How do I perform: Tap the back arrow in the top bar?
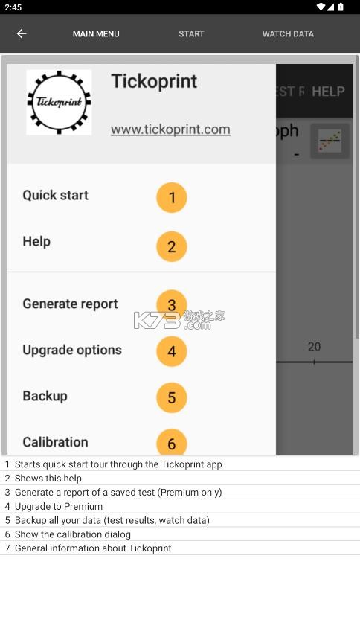22,33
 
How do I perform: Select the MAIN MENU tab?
96,33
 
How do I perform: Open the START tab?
191,33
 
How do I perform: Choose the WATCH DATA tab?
288,33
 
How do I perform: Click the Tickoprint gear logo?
59,103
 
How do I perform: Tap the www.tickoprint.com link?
170,129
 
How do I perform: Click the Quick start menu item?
55,195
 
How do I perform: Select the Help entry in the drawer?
36,241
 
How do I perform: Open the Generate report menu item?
70,304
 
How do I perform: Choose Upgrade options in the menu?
72,350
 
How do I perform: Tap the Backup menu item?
45,396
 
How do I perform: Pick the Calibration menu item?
55,442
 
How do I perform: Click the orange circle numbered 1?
172,198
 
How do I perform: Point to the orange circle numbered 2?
172,247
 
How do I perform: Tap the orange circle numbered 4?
172,351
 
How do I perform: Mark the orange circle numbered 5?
172,397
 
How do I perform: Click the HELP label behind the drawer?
328,92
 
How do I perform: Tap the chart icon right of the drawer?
330,141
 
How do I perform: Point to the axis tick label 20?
314,347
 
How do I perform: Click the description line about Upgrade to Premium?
59,506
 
